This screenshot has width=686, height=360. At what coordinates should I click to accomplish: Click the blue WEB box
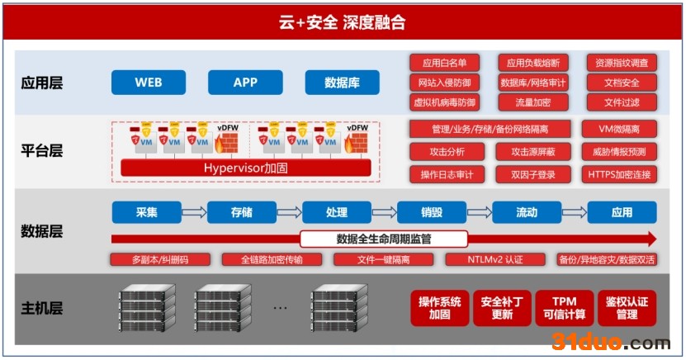[x=149, y=83]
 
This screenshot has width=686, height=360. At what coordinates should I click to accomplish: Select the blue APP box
[x=246, y=83]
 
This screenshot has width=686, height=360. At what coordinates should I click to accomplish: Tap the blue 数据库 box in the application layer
[x=342, y=83]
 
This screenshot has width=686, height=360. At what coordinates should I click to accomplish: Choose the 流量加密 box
[x=532, y=102]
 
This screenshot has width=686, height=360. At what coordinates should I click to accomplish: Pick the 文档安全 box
[x=622, y=83]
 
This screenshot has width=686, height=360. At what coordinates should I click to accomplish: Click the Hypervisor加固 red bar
[x=246, y=168]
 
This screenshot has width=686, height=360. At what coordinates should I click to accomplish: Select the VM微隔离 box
[x=619, y=129]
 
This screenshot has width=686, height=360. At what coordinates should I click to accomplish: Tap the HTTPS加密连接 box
[x=619, y=174]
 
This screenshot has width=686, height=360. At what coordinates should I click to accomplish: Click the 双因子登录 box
[x=532, y=174]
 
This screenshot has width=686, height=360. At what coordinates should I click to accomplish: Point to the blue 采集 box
[x=146, y=213]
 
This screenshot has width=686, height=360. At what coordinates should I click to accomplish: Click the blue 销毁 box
[x=432, y=213]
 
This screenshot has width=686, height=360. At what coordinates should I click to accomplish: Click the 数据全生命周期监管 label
[x=384, y=239]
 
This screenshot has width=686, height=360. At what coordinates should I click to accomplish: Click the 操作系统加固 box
[x=440, y=308]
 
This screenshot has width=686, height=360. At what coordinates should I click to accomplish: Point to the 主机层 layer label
[x=42, y=309]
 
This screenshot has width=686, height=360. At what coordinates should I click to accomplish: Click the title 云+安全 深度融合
[x=343, y=23]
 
